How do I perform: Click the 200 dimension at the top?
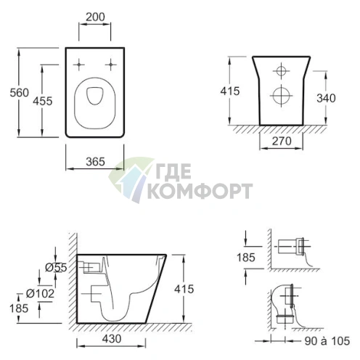coord(95,17)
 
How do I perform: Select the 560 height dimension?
coord(19,93)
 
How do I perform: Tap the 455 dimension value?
coord(43,101)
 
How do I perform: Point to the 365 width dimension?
coord(95,162)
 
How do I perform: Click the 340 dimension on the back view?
coord(326,98)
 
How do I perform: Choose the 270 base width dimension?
coord(282,141)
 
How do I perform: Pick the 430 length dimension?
coord(112,339)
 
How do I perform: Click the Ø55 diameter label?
coord(56,268)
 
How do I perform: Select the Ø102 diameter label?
coord(40,294)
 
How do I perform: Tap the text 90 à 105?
coord(327,341)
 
